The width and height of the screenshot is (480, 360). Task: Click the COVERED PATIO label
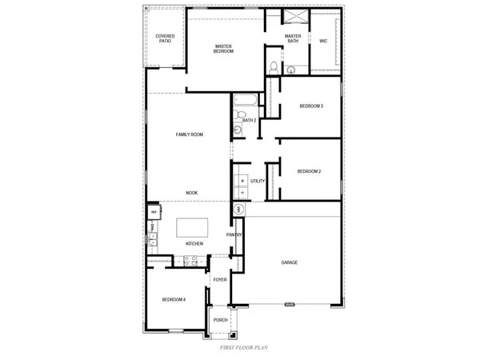166,38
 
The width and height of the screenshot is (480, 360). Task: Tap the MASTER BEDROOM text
224,49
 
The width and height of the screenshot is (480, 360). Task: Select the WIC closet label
323,40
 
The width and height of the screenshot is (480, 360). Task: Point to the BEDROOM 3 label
311,106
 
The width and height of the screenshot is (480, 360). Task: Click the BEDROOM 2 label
309,171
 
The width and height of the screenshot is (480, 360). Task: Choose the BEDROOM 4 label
174,299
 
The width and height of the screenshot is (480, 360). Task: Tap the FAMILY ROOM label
190,134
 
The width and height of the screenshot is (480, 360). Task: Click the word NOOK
191,193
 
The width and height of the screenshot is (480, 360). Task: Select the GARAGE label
290,262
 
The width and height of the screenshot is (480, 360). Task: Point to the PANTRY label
234,235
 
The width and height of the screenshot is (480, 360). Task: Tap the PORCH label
220,320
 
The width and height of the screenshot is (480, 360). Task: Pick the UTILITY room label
258,182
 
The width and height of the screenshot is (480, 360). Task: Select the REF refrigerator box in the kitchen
152,212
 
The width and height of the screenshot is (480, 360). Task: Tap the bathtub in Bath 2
244,102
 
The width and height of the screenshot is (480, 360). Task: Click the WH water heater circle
238,209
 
